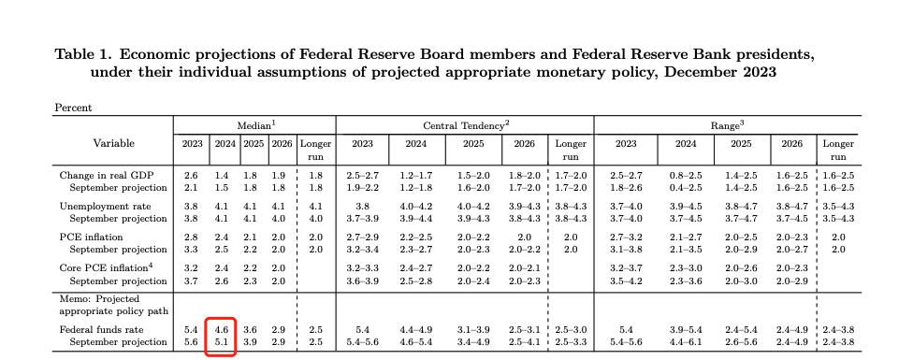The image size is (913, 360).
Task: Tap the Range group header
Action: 727,125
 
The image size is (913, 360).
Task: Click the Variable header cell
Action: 113,143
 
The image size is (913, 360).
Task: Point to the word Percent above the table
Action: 73,108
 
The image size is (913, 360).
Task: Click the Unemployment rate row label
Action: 105,207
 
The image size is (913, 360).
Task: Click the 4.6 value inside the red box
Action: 223,330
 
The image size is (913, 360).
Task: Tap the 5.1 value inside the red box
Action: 223,342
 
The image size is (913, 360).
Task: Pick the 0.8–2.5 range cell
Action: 686,175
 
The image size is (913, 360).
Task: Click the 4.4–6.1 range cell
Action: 686,342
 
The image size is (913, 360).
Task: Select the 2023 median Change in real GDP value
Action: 192,175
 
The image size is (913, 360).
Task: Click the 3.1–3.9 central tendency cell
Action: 473,330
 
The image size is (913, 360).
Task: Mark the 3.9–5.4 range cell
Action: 686,330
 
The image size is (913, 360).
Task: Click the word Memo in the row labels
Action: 73,299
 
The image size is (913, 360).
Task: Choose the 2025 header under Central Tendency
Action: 473,144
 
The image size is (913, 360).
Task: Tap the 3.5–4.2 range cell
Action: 626,281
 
